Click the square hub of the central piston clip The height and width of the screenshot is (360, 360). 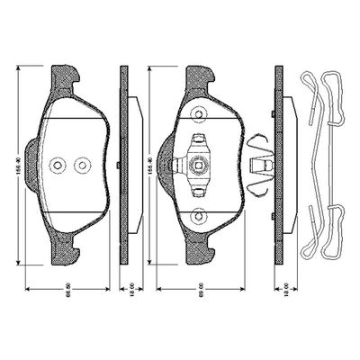pyautogui.click(x=199, y=164)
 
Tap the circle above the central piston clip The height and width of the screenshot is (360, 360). pyautogui.click(x=199, y=114)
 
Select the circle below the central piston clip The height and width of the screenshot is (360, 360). pyautogui.click(x=199, y=213)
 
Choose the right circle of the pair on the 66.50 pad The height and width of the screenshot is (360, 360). pyautogui.click(x=82, y=165)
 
